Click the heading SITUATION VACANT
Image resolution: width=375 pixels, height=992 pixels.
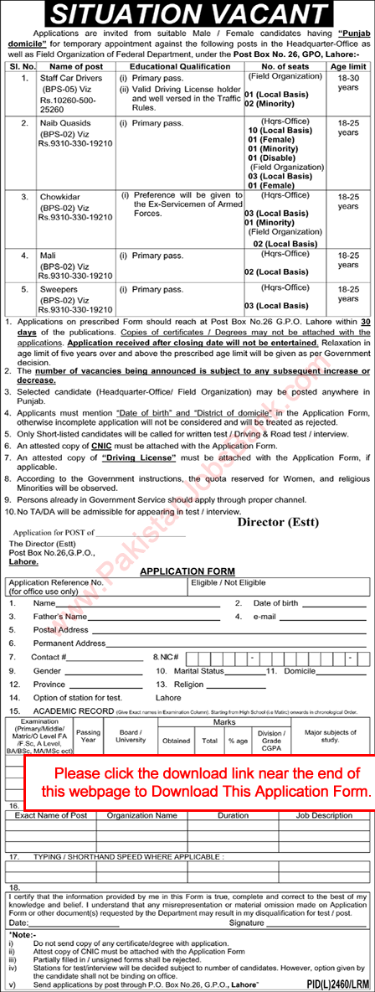point(187,16)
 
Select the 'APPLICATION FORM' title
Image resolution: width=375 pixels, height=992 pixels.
point(187,571)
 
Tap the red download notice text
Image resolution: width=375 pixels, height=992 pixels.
point(198,780)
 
